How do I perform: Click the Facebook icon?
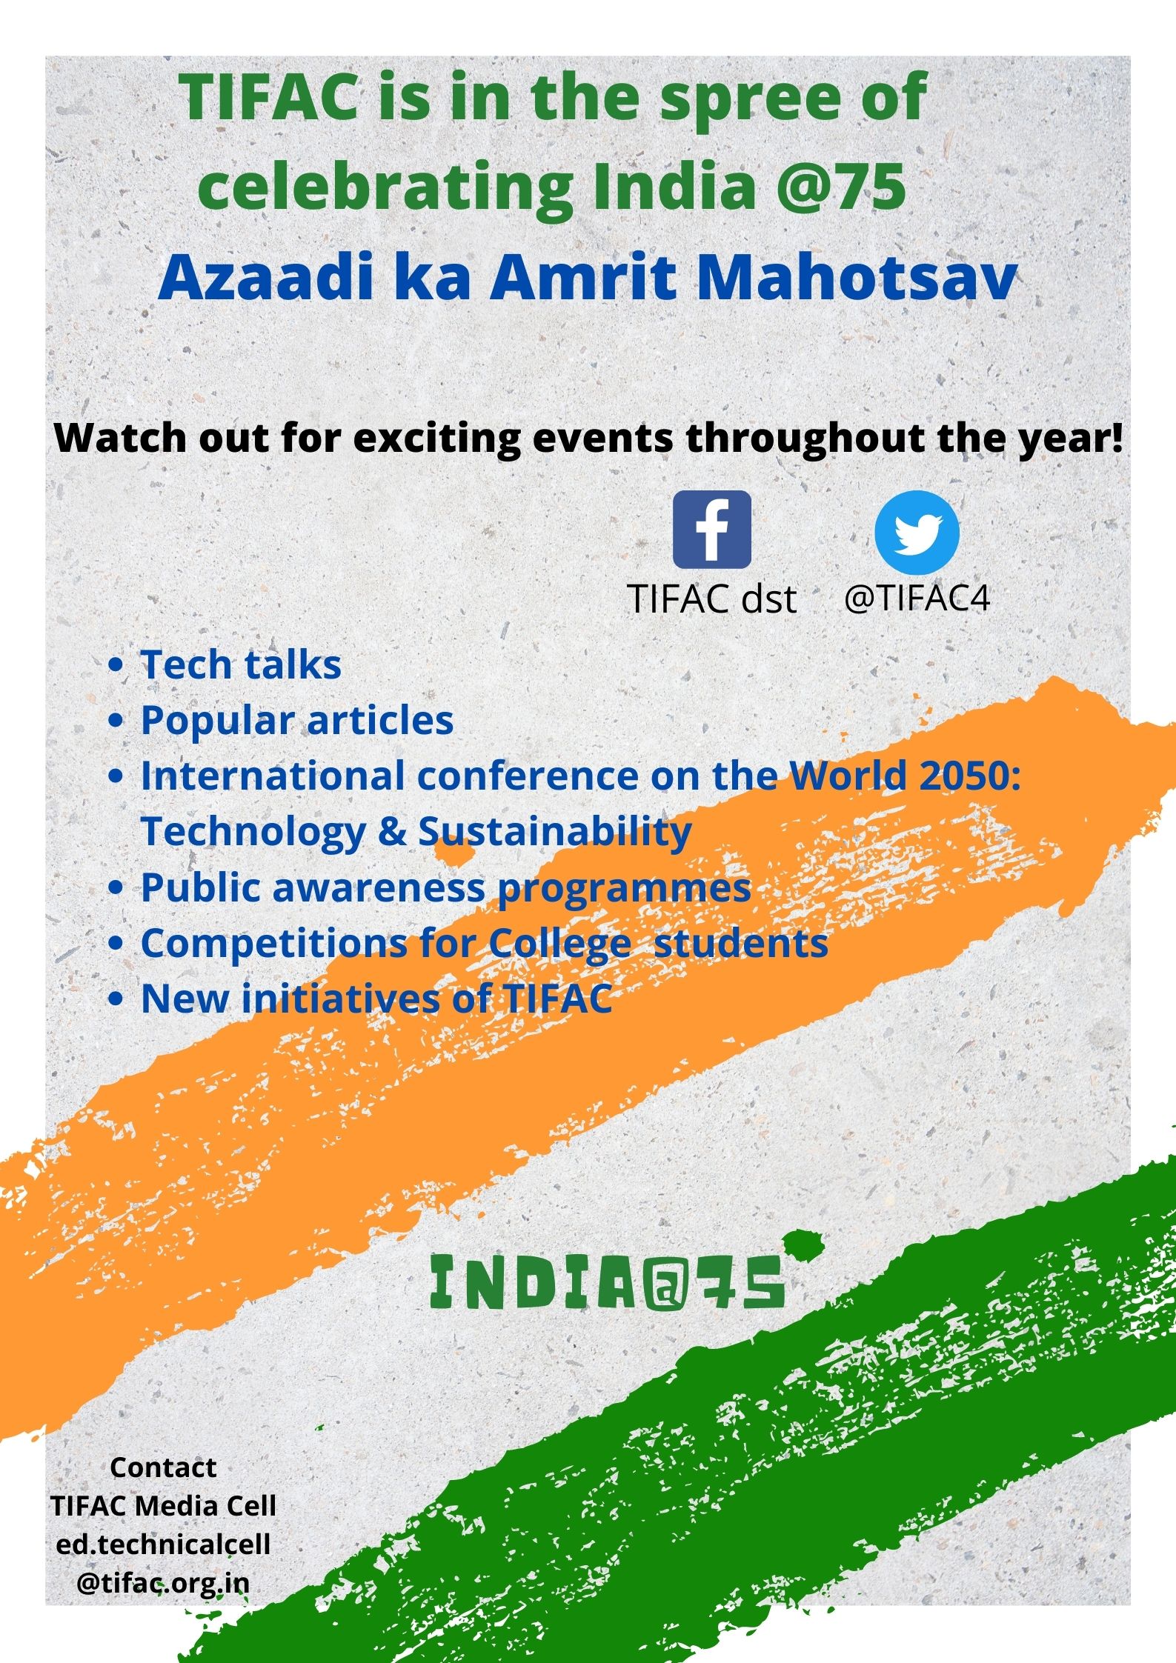pyautogui.click(x=711, y=530)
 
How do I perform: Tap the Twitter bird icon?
pyautogui.click(x=917, y=533)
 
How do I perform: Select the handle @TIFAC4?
pyautogui.click(x=917, y=598)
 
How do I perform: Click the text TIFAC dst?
pyautogui.click(x=711, y=599)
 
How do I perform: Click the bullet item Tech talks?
pyautogui.click(x=241, y=664)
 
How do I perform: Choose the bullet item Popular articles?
pyautogui.click(x=297, y=720)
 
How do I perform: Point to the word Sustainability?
pyautogui.click(x=555, y=831)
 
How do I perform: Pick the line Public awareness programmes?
pyautogui.click(x=446, y=887)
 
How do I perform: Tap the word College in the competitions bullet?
pyautogui.click(x=559, y=944)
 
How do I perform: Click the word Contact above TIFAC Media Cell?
pyautogui.click(x=163, y=1467)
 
